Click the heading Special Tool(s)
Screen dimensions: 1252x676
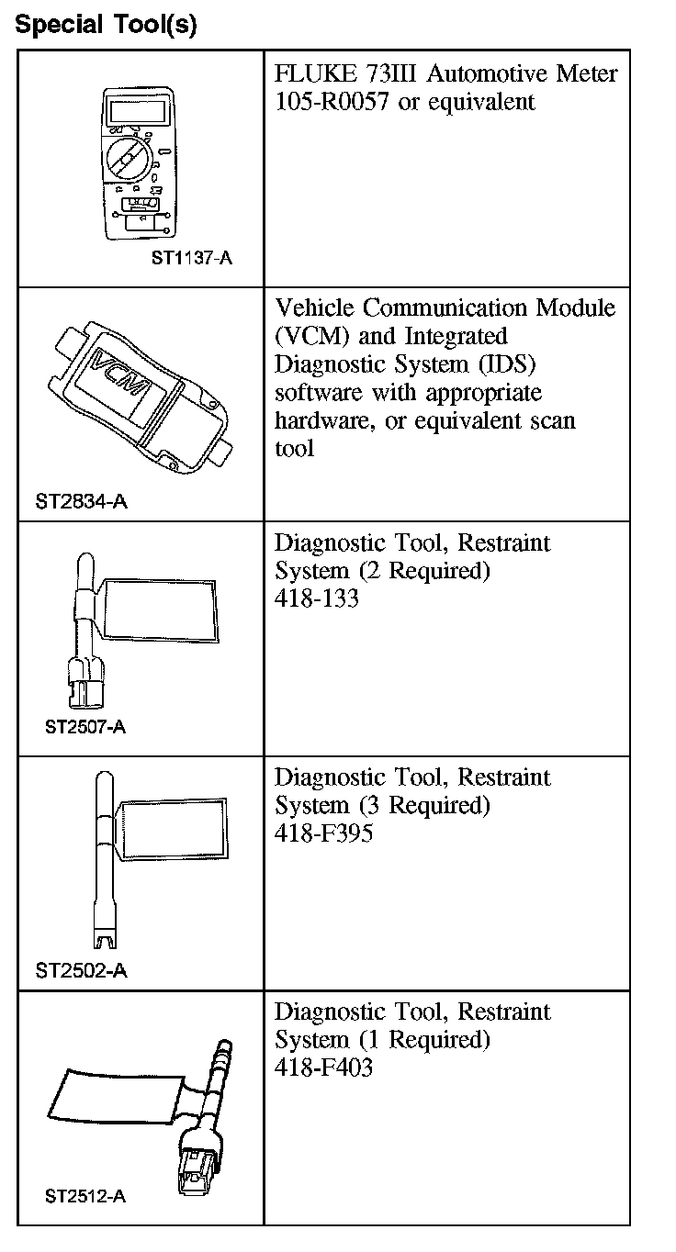pyautogui.click(x=107, y=25)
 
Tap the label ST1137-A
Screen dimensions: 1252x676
pyautogui.click(x=191, y=258)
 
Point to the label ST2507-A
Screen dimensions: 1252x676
pyautogui.click(x=84, y=728)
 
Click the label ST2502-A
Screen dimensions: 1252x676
pyautogui.click(x=82, y=970)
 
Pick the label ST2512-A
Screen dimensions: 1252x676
pyautogui.click(x=84, y=1196)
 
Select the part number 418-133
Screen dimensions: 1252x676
pyautogui.click(x=316, y=598)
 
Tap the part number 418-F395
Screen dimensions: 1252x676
pyautogui.click(x=323, y=833)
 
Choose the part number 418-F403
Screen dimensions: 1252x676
pyautogui.click(x=323, y=1068)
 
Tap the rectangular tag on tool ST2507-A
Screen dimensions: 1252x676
pyautogui.click(x=161, y=609)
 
